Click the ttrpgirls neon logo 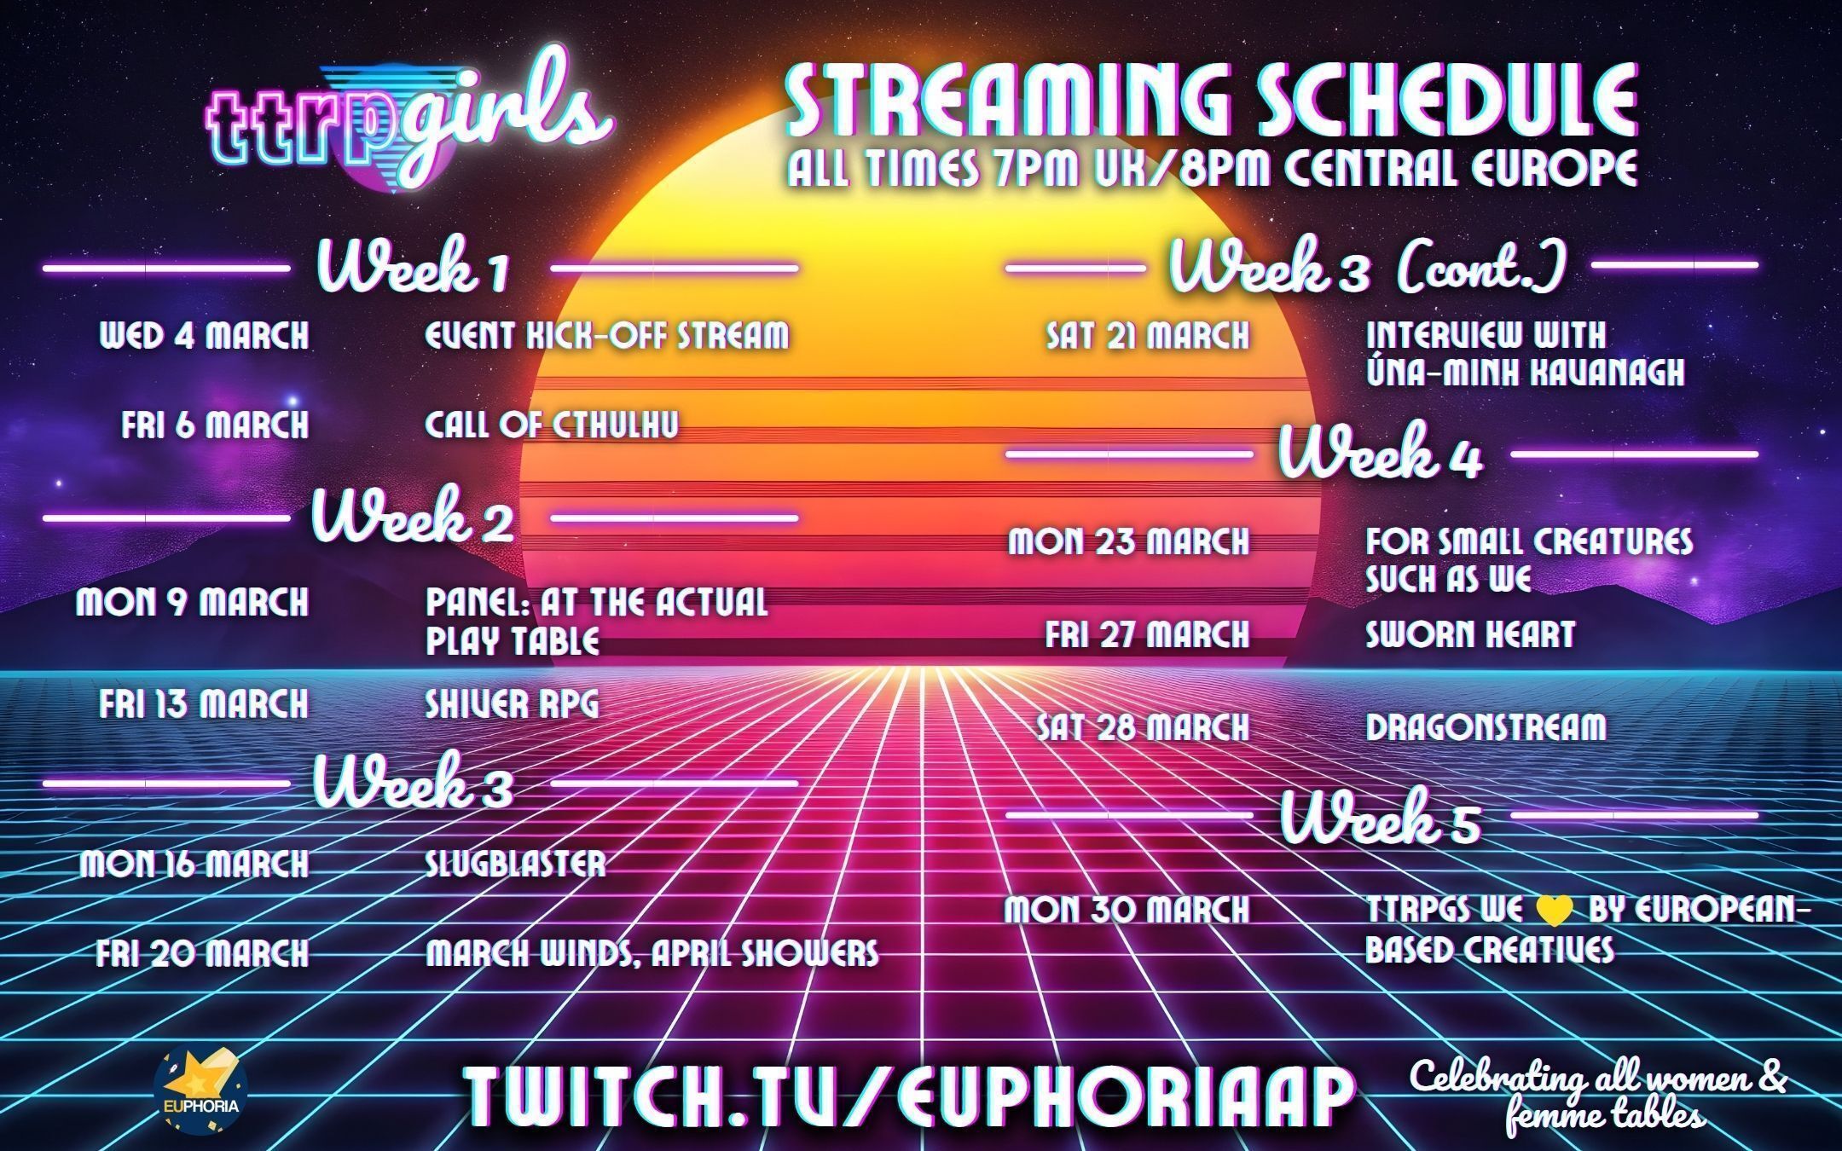click(408, 124)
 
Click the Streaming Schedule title click(1211, 98)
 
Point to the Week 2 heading click(413, 516)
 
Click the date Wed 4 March click(205, 335)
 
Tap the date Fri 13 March click(204, 705)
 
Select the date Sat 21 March click(1148, 335)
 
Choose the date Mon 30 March click(1127, 910)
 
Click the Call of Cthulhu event click(552, 425)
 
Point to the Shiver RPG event click(512, 705)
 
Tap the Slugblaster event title click(515, 864)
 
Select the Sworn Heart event click(1470, 634)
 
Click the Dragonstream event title click(1486, 727)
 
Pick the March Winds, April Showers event click(652, 952)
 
